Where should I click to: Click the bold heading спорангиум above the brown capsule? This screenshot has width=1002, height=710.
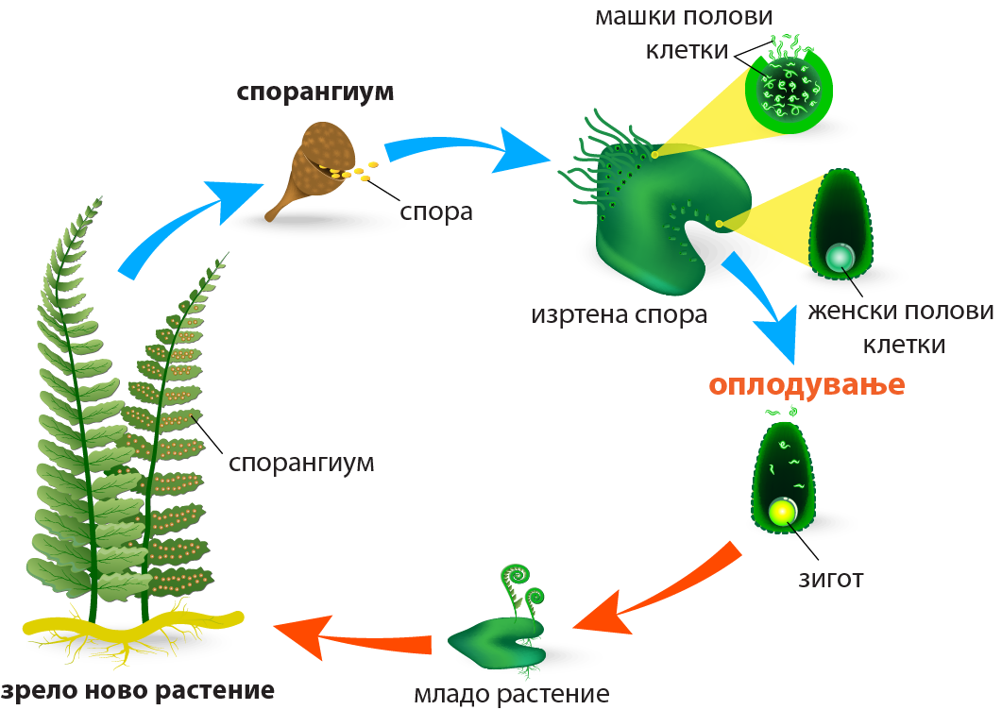click(314, 93)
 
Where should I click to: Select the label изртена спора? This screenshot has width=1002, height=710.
click(619, 313)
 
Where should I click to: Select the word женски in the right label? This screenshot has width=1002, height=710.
click(846, 313)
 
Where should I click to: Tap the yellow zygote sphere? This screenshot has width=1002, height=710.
click(782, 512)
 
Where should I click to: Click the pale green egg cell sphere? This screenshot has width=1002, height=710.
click(838, 256)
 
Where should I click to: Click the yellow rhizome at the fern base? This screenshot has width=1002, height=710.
click(132, 626)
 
